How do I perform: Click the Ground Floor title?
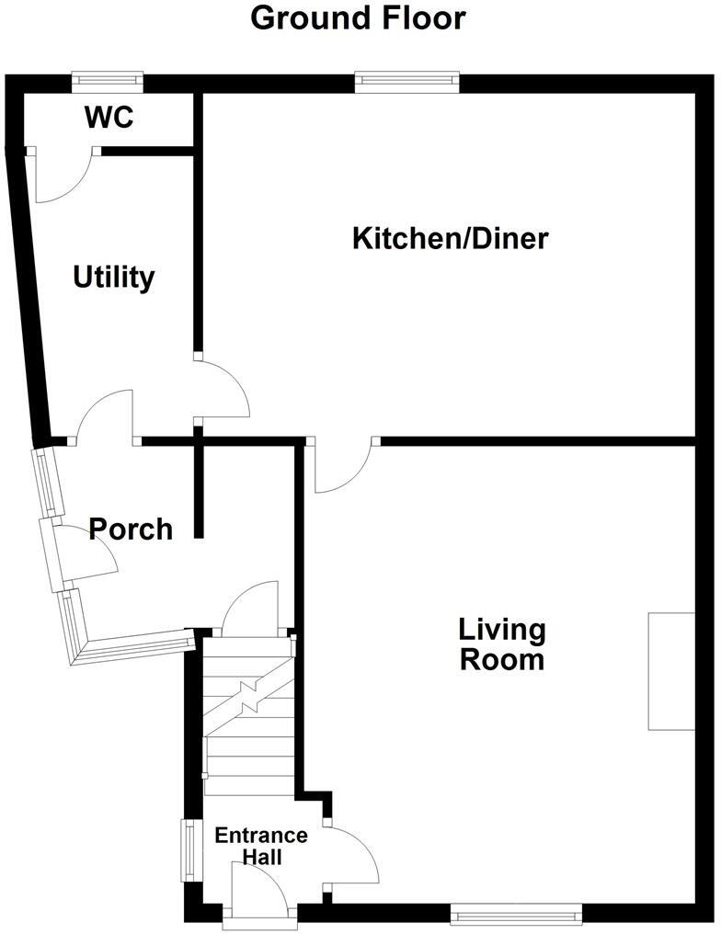tap(359, 17)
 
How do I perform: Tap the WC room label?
tap(109, 118)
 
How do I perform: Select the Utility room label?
tap(114, 277)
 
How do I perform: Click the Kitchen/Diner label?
tap(451, 239)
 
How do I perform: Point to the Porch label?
tap(132, 529)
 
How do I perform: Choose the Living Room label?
tap(502, 644)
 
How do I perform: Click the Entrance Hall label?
tap(260, 846)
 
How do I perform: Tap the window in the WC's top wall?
tap(108, 82)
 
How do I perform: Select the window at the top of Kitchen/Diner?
tap(406, 82)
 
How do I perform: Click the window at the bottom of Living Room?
tap(516, 913)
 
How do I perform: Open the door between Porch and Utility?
tap(106, 416)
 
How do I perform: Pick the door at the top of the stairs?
tap(250, 609)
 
